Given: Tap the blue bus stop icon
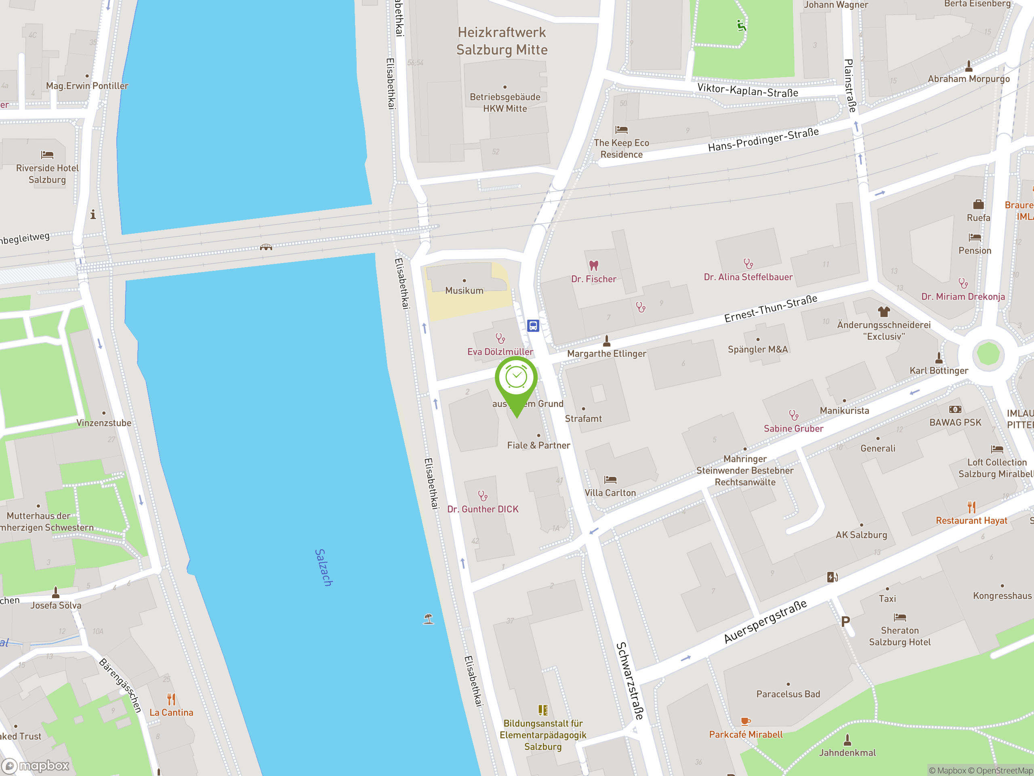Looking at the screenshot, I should point(533,325).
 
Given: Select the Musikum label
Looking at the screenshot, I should point(464,291).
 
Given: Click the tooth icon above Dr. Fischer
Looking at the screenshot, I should point(594,266).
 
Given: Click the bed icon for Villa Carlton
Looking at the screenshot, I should point(610,479).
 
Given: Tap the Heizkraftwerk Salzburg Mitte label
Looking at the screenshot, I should point(502,41).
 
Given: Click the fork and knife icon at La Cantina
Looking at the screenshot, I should point(172,699).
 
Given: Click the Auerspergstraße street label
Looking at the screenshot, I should point(765,621).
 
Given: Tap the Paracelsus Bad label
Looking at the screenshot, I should point(788,694).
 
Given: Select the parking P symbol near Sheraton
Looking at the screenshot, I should point(845,622).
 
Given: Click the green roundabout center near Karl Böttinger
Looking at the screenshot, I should point(988,354).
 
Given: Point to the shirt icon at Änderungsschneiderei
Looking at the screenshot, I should point(883,312).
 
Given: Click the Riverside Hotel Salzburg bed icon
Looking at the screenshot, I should point(47,154).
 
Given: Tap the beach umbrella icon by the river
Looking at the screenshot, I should point(428,619).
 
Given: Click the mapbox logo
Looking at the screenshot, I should point(36,766).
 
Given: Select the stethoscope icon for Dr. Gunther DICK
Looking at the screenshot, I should point(482,496).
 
